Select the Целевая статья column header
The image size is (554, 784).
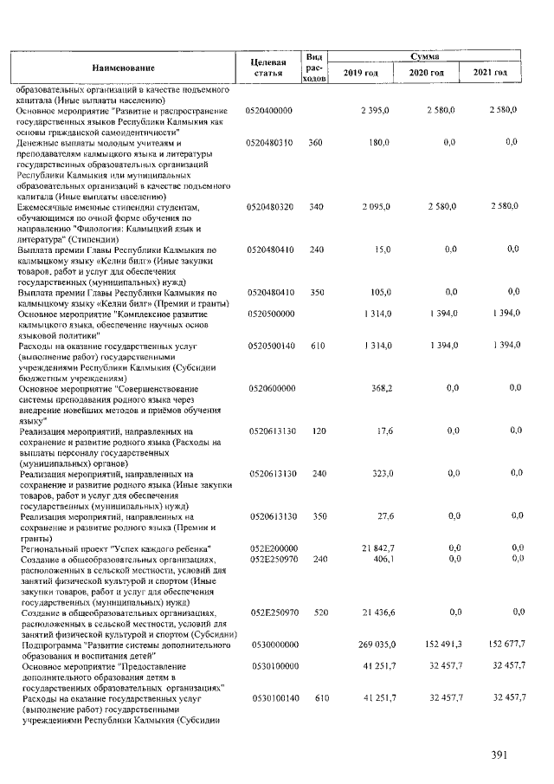pos(268,68)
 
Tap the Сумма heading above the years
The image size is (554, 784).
pos(423,55)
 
